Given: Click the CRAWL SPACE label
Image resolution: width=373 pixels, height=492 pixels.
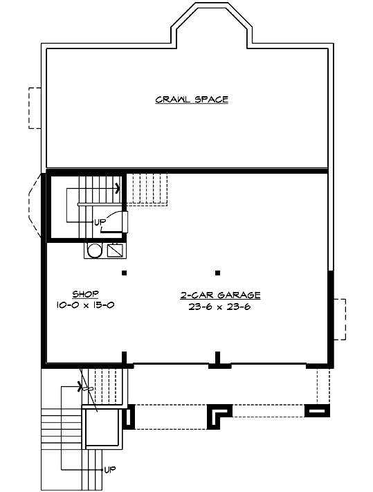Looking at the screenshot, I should point(192,100).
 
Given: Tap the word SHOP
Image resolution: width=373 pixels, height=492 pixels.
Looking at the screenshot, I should point(84,294).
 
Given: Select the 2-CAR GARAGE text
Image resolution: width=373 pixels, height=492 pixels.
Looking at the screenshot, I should point(219,295).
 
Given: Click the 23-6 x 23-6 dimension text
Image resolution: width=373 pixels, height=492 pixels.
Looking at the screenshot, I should point(219,307).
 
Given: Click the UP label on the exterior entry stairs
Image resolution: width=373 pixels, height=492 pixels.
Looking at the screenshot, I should point(109,469).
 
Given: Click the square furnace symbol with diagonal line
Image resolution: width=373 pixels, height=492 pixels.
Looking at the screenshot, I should point(115,250).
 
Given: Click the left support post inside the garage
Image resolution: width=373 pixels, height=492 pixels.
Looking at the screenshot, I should point(125,272).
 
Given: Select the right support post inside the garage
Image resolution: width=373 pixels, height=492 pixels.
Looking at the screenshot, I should point(217,272).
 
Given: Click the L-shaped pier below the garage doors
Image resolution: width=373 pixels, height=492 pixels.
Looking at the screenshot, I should point(220,413).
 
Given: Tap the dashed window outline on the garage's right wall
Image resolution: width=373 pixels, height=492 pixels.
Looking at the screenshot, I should point(339,318).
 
